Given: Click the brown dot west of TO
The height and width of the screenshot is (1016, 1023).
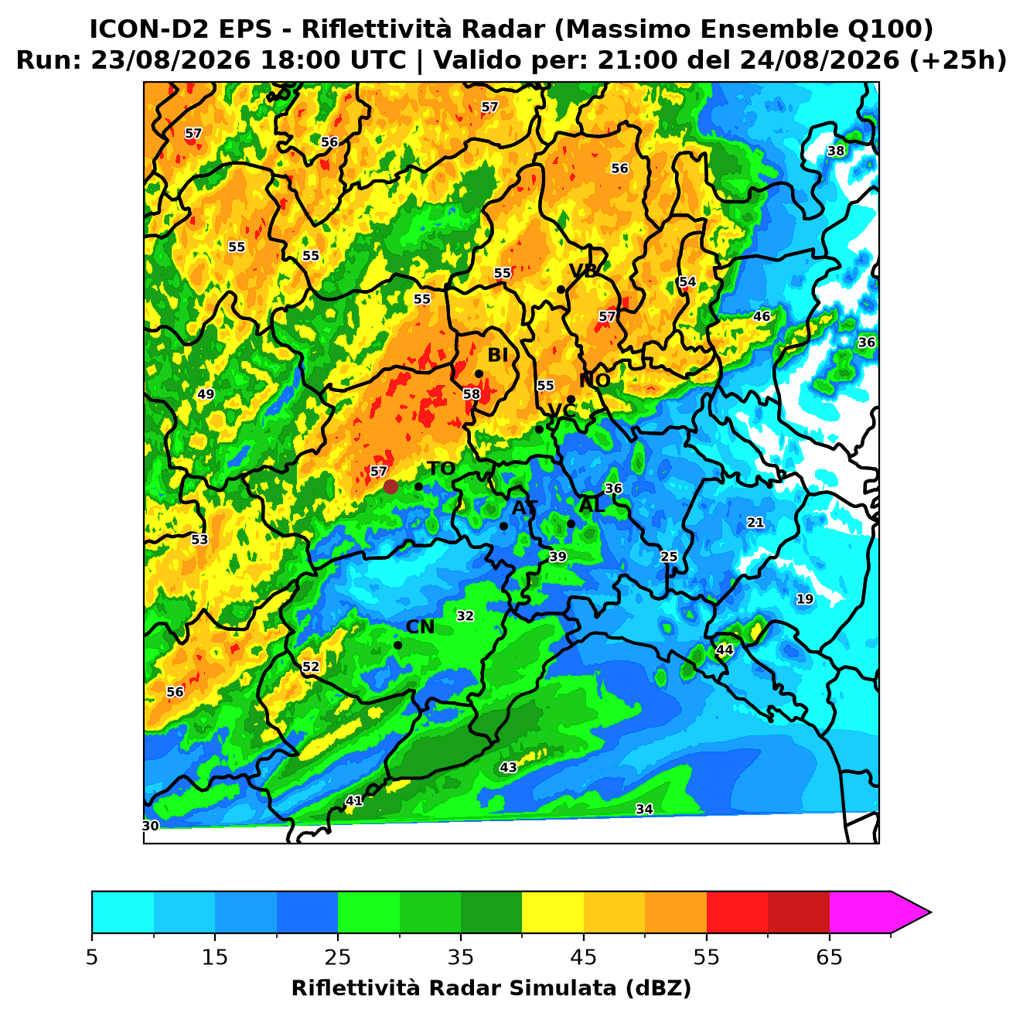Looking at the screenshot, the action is coord(390,486).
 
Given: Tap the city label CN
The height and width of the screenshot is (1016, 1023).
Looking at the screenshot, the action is coord(420,627).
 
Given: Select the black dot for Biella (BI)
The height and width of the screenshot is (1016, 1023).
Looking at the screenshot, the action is coord(479,374).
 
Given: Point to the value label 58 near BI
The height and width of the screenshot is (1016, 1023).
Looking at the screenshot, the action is coord(472,394).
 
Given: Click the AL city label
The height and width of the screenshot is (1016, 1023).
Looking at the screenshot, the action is coord(592,505).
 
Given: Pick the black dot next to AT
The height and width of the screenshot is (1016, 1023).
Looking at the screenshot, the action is coord(503,527).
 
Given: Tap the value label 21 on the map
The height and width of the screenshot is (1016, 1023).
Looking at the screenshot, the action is coord(755,523).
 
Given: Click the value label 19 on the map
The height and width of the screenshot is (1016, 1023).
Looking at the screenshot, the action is coord(805,599).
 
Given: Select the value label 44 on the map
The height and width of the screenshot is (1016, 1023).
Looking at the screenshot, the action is coord(725,650).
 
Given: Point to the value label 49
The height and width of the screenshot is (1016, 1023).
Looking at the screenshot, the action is coord(206,394).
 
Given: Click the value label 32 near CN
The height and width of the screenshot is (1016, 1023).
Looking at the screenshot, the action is coord(465,616).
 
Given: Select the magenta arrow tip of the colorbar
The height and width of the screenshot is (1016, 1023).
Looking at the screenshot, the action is coord(930,913).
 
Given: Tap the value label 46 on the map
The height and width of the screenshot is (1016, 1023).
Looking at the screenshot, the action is coord(762,316).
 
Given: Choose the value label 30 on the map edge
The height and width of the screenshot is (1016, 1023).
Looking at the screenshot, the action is coord(150,826).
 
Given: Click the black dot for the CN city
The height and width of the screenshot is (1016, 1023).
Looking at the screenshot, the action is coord(397,646).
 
